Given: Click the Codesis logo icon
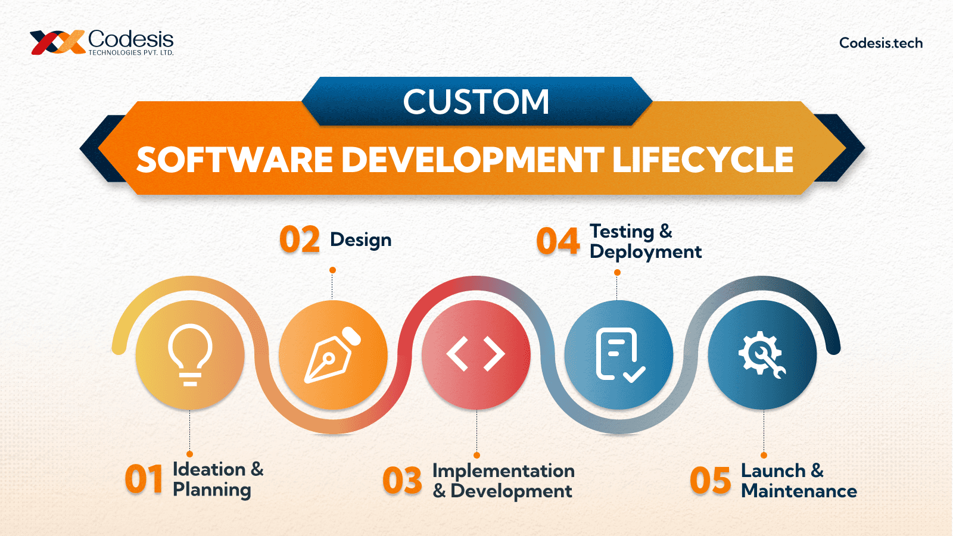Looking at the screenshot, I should point(57,42).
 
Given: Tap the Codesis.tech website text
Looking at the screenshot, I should point(881,43).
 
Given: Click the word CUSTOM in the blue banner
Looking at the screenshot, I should point(476,102).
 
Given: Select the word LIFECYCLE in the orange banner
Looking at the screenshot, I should point(703,160).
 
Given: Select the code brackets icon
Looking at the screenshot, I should point(476,354).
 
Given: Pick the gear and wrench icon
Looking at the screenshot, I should point(762,355).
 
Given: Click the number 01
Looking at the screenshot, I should point(144,480).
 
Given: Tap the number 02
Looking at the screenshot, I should point(300,240).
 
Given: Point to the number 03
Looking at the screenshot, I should point(403,481).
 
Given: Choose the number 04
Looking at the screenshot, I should point(558,241).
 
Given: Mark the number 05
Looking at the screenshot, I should point(710,481).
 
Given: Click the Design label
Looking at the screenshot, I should point(361,240).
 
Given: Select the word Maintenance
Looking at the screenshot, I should point(799,491).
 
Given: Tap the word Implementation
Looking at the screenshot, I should point(503,471).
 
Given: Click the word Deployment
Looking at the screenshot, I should point(646,253).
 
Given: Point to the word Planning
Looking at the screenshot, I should point(212,490).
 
